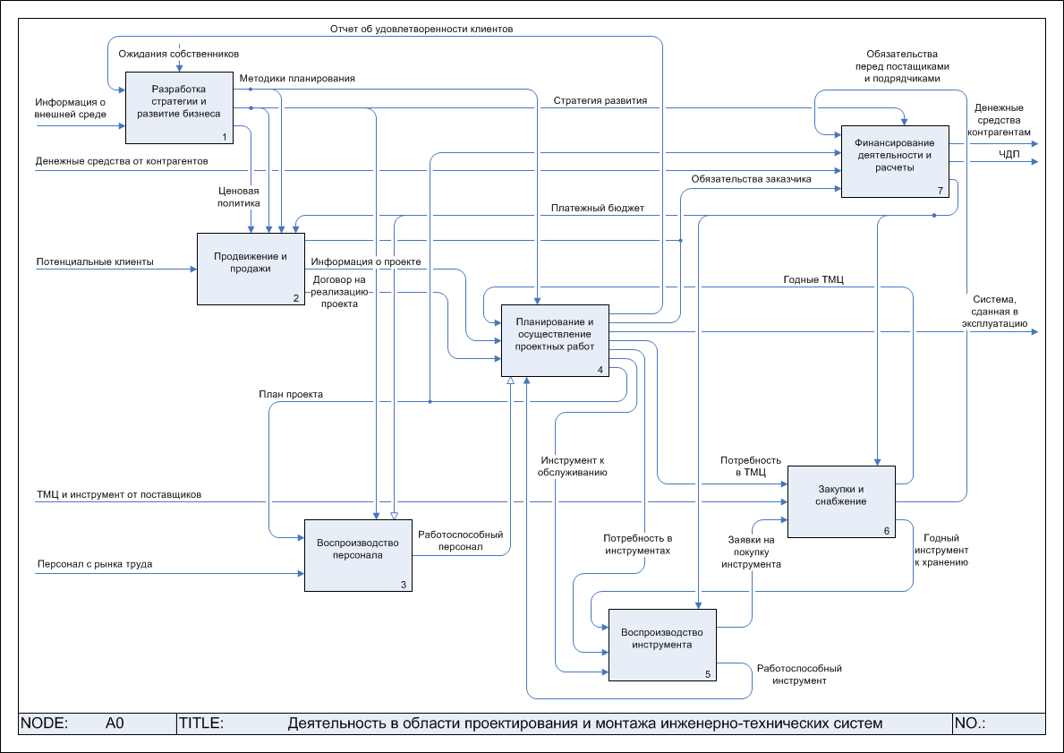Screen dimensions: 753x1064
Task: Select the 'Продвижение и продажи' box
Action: [x=251, y=269]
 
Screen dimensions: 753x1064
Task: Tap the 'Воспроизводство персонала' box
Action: [x=358, y=555]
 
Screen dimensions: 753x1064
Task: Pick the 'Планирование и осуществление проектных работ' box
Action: [x=555, y=340]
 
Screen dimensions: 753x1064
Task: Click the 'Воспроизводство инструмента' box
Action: [x=662, y=645]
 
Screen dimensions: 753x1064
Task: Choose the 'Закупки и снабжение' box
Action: [x=841, y=501]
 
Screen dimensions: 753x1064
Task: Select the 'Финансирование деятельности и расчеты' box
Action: [x=895, y=161]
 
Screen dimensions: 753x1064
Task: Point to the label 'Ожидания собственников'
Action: [x=179, y=55]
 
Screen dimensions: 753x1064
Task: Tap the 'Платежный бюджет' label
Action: [x=598, y=209]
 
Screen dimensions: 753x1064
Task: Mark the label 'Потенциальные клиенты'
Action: [x=95, y=262]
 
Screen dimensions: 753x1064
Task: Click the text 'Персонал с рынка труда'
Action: [x=94, y=565]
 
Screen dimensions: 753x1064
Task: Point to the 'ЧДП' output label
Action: [x=1009, y=155]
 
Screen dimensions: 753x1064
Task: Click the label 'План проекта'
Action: [x=291, y=394]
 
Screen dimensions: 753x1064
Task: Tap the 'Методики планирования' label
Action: [x=297, y=79]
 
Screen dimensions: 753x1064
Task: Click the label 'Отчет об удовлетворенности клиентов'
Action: [x=421, y=30]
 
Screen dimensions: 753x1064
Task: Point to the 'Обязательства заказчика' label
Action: [x=751, y=179]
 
